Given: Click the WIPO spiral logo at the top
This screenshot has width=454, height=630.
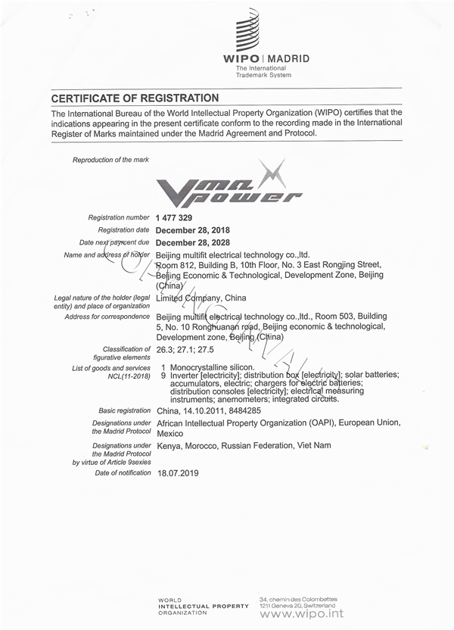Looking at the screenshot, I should point(247,30).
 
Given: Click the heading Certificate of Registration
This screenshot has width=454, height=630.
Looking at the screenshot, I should point(135,98).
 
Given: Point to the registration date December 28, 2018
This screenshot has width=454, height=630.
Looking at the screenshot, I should point(193,230).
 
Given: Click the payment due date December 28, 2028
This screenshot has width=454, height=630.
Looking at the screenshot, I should point(193,242).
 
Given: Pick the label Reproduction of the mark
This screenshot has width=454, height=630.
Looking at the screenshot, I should point(110,160).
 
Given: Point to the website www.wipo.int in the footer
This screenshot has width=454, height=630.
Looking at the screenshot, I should point(301,613).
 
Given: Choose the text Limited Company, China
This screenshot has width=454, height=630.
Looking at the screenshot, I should point(201,298).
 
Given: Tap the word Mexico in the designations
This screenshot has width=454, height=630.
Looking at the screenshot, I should point(170,434).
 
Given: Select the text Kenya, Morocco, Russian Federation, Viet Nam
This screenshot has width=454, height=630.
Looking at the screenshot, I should point(244,446).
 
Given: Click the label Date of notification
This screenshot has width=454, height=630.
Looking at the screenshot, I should point(123,472).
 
